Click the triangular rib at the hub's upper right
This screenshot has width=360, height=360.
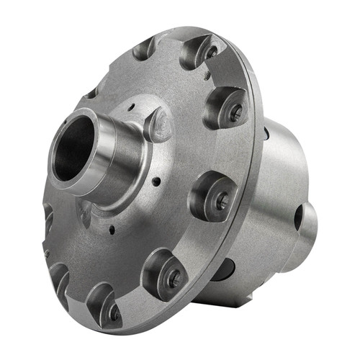tap(158, 124)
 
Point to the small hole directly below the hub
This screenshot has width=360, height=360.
tap(112, 230)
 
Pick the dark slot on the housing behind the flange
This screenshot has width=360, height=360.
tap(266, 134)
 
